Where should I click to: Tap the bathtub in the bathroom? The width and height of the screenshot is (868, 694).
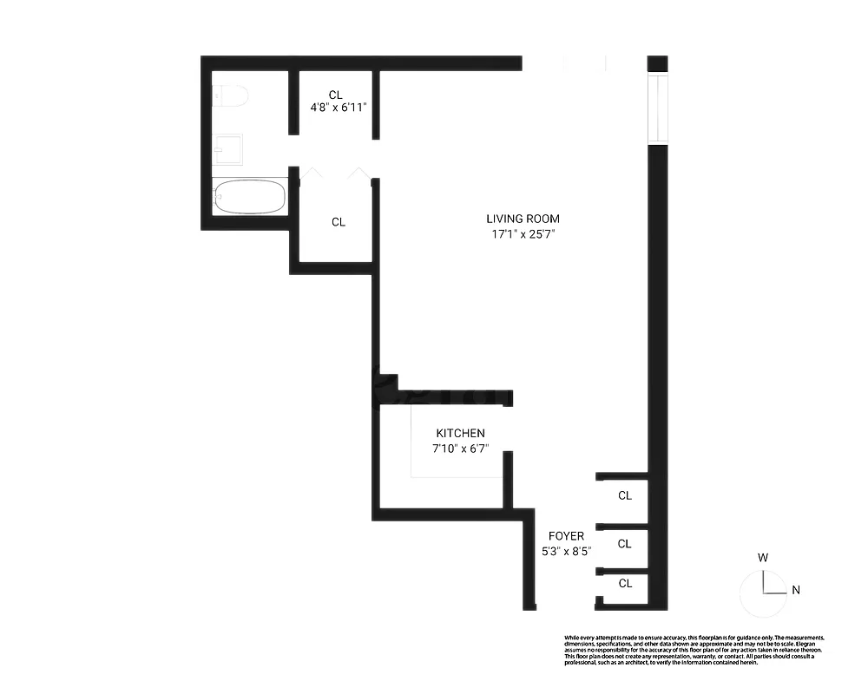click(250, 196)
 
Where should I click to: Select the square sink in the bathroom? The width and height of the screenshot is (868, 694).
click(229, 150)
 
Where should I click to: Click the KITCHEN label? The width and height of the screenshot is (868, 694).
click(460, 434)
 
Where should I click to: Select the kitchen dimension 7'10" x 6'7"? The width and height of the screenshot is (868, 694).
click(460, 448)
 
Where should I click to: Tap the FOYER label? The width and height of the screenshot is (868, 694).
click(566, 536)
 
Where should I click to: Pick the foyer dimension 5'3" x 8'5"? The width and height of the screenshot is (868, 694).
click(566, 550)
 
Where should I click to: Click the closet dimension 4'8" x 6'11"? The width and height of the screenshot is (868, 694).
click(339, 108)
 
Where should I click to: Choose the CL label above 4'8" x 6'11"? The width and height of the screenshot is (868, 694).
click(336, 95)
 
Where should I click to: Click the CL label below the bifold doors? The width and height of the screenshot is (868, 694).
click(339, 222)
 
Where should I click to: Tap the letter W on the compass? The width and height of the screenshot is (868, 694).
click(762, 558)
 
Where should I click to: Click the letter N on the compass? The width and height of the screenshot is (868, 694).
click(795, 591)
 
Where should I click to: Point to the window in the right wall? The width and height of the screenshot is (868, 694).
click(658, 108)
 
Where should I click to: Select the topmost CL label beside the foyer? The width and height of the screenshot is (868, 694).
click(625, 496)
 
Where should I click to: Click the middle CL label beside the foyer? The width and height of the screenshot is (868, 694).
click(625, 544)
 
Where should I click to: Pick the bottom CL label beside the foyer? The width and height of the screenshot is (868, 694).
click(625, 583)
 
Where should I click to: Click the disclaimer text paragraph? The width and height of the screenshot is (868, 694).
click(693, 650)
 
